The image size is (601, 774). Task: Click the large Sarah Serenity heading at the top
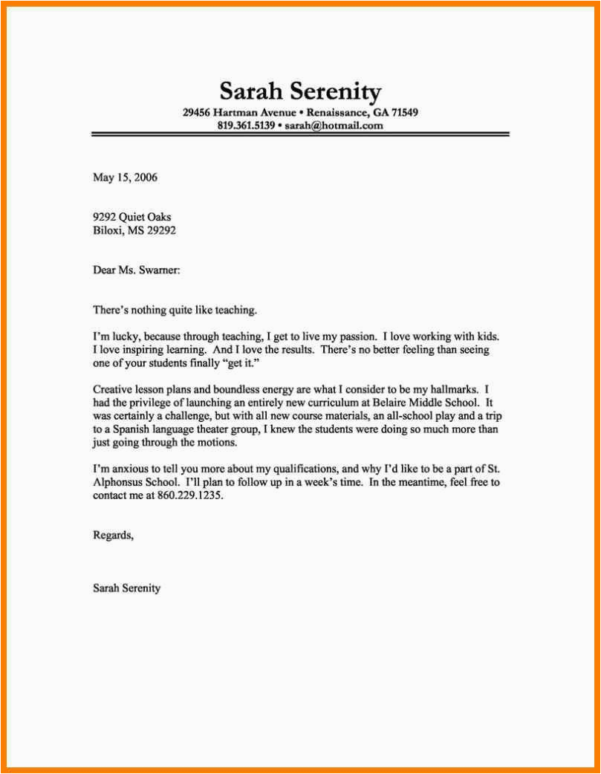coord(300,91)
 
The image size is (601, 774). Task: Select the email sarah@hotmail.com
coord(334,126)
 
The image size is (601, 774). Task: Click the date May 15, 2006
coord(125,178)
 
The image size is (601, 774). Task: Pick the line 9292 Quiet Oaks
coord(131,217)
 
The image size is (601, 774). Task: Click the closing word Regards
coord(113,535)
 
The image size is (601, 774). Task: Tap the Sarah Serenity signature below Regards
coord(126,588)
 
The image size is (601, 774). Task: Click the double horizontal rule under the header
coord(300,134)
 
